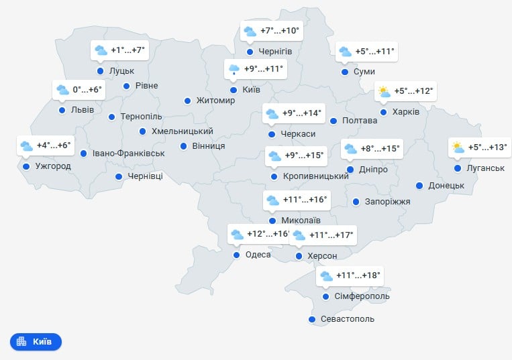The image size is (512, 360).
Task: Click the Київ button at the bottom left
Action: pyautogui.click(x=36, y=341)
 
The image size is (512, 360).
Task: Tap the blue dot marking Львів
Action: pyautogui.click(x=62, y=110)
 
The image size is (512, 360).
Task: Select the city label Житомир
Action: pyautogui.click(x=215, y=101)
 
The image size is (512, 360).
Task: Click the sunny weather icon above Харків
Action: pyautogui.click(x=384, y=92)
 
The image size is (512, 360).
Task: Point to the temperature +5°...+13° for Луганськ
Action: pyautogui.click(x=488, y=147)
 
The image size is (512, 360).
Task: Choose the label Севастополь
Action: pyautogui.click(x=348, y=319)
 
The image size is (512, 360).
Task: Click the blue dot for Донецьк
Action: pyautogui.click(x=419, y=186)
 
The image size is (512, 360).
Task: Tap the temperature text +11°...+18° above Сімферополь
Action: pyautogui.click(x=358, y=275)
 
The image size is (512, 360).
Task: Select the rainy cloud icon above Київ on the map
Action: pyautogui.click(x=234, y=69)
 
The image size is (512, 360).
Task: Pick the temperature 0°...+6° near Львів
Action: pyautogui.click(x=87, y=89)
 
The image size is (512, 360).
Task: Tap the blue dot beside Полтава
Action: pyautogui.click(x=334, y=121)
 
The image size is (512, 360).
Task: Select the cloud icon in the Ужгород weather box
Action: pyautogui.click(x=26, y=145)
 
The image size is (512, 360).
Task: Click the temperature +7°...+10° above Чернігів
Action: pyautogui.click(x=280, y=31)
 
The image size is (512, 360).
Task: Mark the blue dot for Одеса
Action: pyautogui.click(x=236, y=255)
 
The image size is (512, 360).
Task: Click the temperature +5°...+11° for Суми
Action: pyautogui.click(x=374, y=51)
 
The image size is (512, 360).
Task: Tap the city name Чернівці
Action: pyautogui.click(x=145, y=177)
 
